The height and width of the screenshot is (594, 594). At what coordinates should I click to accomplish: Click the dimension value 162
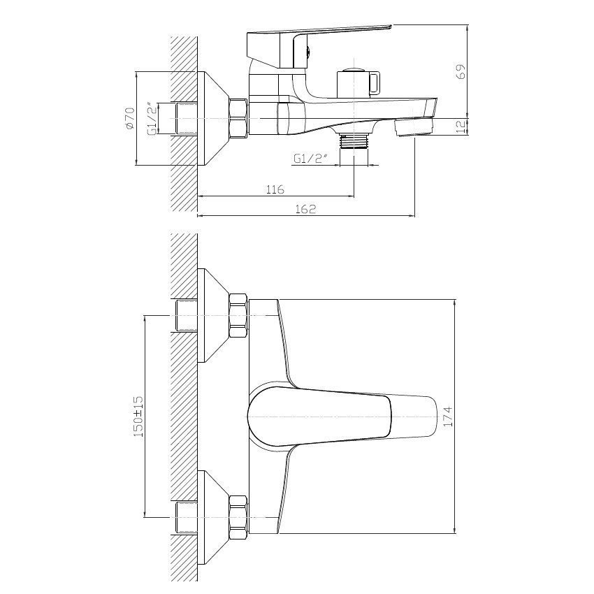tap(305, 209)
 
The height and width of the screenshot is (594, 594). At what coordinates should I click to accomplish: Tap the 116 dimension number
tap(275, 189)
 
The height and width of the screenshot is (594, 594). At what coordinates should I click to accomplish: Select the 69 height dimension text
tap(461, 71)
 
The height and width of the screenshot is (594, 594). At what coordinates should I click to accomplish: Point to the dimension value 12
tap(461, 126)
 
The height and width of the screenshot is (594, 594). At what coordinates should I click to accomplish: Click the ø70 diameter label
tap(130, 119)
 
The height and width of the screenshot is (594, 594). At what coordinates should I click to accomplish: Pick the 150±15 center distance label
tap(138, 416)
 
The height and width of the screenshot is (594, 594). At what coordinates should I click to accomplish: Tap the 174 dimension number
tap(448, 416)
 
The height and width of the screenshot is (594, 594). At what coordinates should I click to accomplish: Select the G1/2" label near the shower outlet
tap(310, 159)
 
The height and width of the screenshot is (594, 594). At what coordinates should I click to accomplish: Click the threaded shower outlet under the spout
tap(354, 142)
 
